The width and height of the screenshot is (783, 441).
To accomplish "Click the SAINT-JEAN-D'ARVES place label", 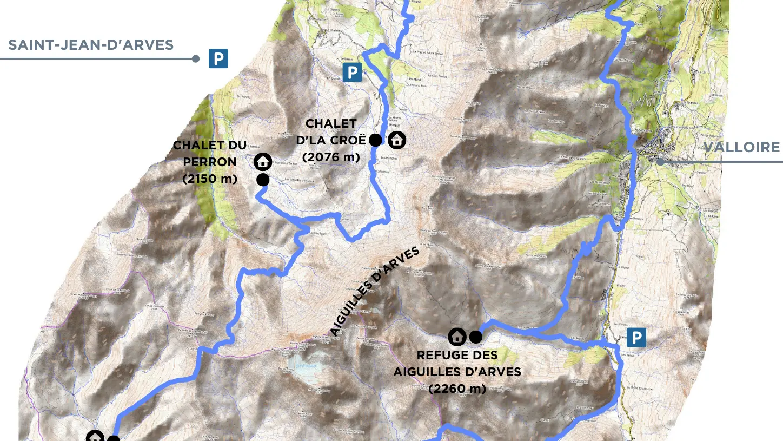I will tap(91, 45).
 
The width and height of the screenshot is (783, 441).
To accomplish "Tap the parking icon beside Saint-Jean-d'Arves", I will tap(218, 58).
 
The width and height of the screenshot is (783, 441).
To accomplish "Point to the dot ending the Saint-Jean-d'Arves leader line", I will tap(196, 58).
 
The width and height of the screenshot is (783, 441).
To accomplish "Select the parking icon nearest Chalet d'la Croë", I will tap(352, 72).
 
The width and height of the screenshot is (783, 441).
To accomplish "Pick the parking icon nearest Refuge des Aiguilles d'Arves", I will tap(636, 338).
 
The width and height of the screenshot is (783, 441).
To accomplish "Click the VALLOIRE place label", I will tap(741, 147).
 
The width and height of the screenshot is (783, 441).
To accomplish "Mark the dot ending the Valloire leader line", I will tap(660, 161).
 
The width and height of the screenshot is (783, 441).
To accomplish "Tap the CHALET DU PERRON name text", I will tap(210, 154).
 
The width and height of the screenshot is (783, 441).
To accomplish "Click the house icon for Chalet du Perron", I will tap(263, 161).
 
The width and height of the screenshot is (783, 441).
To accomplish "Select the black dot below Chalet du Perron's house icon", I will tap(263, 180).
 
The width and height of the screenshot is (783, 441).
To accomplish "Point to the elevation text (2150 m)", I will tap(210, 179).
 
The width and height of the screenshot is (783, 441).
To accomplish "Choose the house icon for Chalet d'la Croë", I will tap(397, 140).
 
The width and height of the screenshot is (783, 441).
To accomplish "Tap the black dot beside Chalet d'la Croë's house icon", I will tap(375, 140).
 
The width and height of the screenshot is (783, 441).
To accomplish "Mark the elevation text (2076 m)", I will tap(331, 157).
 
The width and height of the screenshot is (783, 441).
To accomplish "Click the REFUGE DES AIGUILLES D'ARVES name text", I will tap(457, 364).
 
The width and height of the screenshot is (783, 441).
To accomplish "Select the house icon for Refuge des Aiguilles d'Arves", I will tap(457, 337).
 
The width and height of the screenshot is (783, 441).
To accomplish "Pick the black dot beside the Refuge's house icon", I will tap(475, 337).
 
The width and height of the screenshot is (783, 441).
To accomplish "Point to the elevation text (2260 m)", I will tap(457, 389).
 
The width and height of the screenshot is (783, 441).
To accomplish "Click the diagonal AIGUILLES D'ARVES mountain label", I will tap(375, 292).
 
